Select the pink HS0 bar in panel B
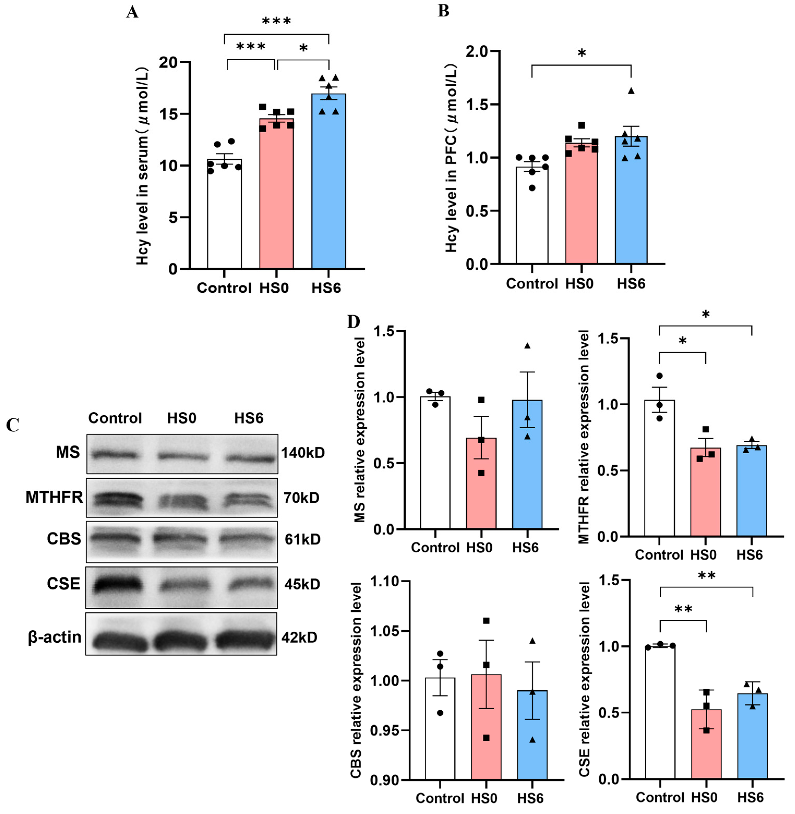point(581,204)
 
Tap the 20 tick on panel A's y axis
point(168,63)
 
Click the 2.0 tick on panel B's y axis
point(477,52)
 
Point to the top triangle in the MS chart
point(527,346)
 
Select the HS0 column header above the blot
point(182,418)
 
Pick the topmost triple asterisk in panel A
point(276,21)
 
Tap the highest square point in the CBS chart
point(486,621)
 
